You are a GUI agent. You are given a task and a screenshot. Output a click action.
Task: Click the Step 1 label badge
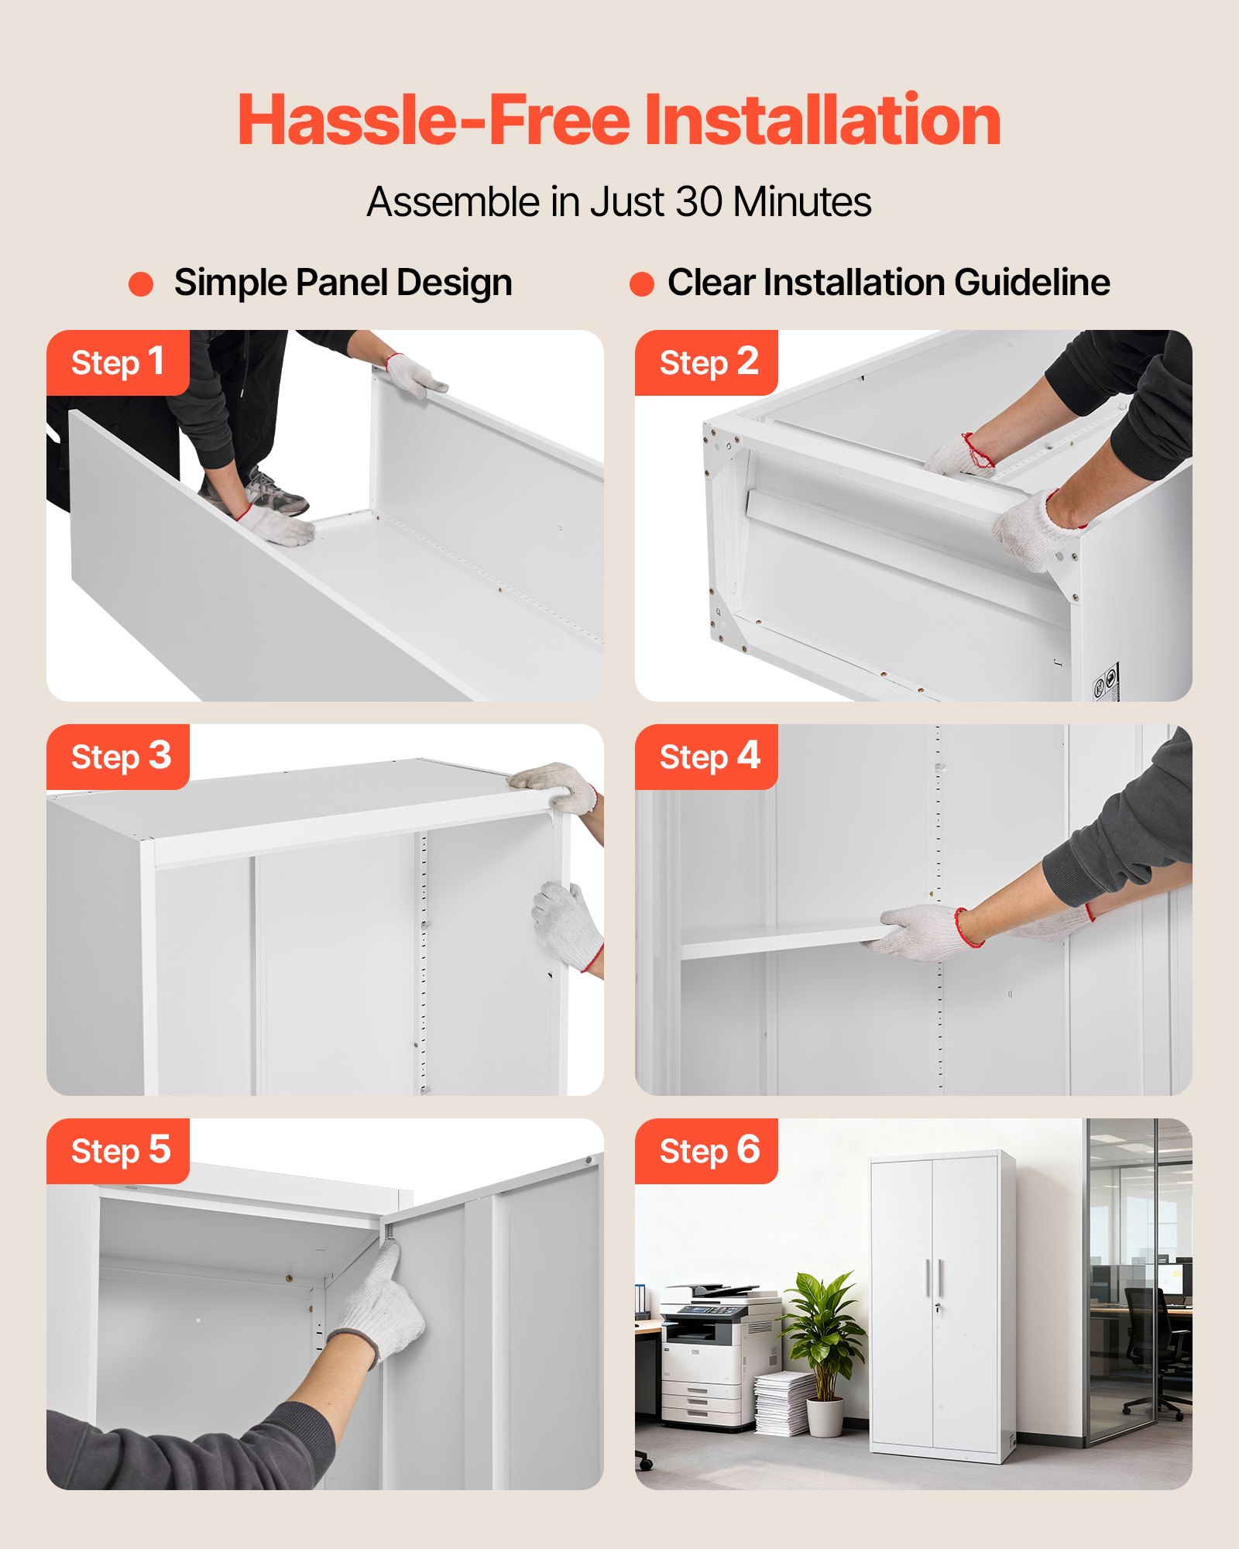pyautogui.click(x=118, y=362)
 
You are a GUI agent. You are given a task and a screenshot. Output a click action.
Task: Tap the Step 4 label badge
pyautogui.click(x=706, y=757)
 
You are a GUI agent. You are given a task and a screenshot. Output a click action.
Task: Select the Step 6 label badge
pyautogui.click(x=706, y=1151)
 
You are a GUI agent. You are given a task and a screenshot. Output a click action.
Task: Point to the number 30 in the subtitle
pyautogui.click(x=700, y=202)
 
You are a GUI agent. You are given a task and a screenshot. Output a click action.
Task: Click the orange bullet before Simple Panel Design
pyautogui.click(x=141, y=283)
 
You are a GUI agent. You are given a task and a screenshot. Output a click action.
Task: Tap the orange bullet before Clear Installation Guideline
pyautogui.click(x=642, y=283)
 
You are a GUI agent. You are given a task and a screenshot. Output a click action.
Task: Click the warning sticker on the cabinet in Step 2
pyautogui.click(x=1106, y=682)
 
